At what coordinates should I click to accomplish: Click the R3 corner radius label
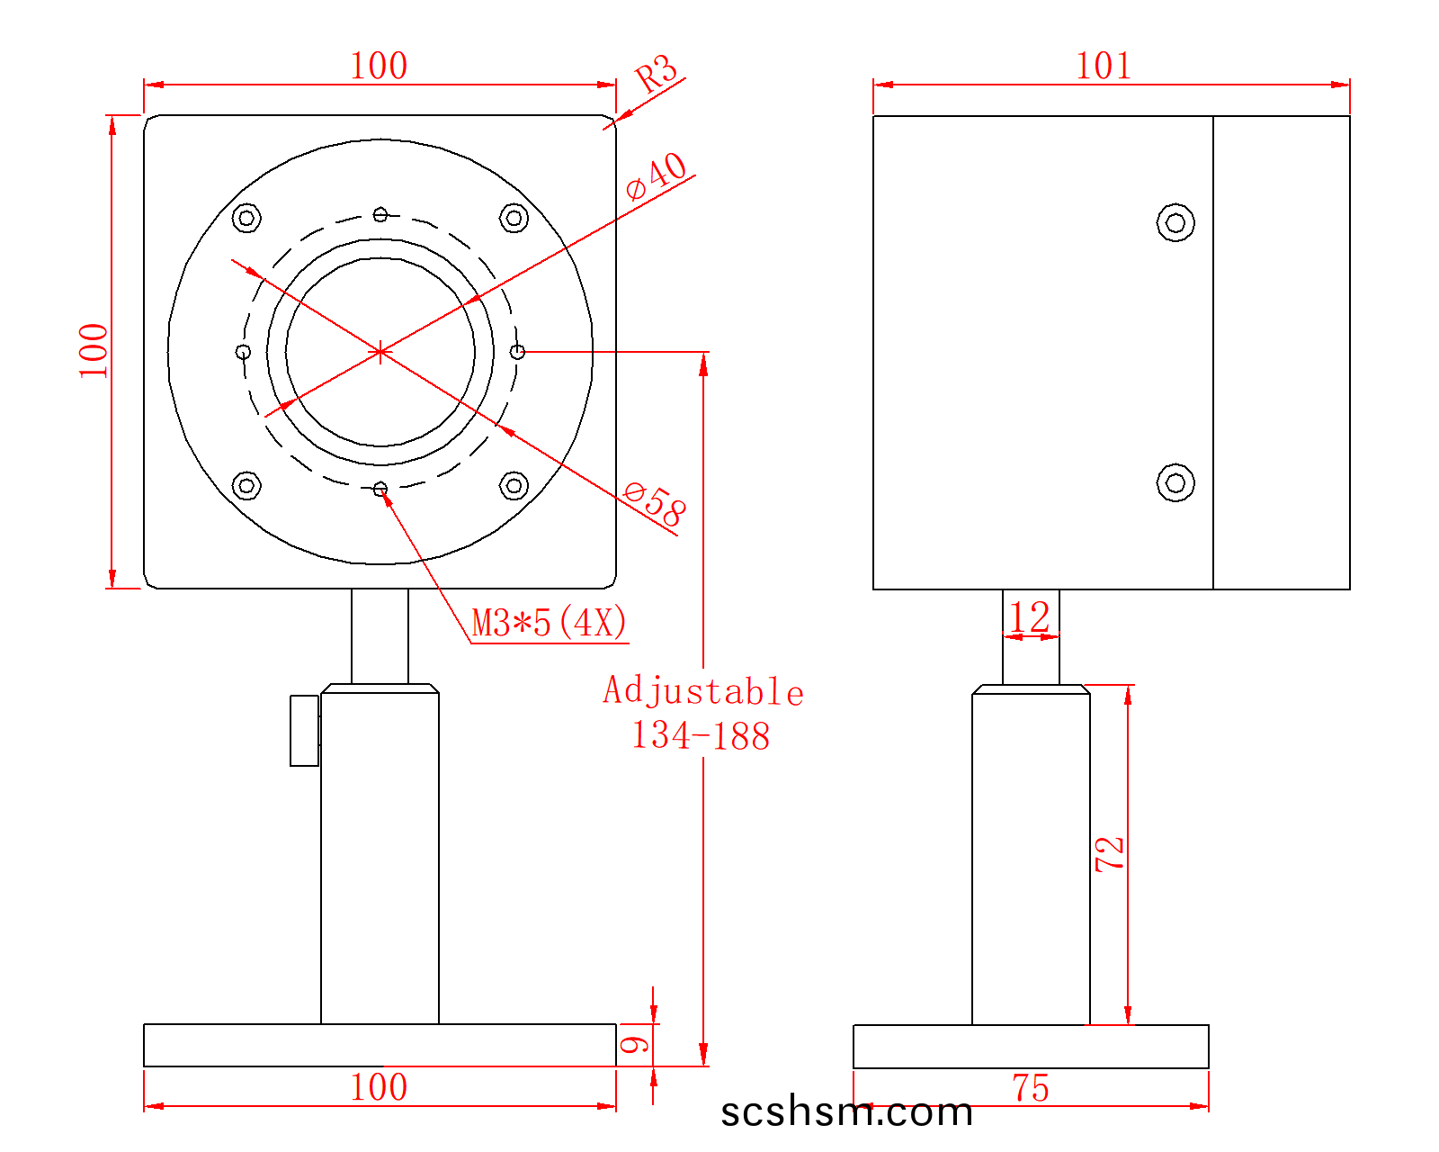pyautogui.click(x=656, y=73)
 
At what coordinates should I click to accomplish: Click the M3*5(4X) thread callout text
pyautogui.click(x=549, y=622)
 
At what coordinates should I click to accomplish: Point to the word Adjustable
pyautogui.click(x=702, y=691)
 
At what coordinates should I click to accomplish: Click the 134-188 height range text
pyautogui.click(x=701, y=735)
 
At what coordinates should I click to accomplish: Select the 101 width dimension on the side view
pyautogui.click(x=1104, y=66)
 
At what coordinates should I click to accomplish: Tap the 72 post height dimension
pyautogui.click(x=1109, y=853)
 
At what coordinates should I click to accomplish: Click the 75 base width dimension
pyautogui.click(x=1031, y=1088)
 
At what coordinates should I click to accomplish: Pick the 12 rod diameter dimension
pyautogui.click(x=1030, y=616)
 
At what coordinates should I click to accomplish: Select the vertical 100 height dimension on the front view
pyautogui.click(x=93, y=351)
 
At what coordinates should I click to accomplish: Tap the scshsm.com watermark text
pyautogui.click(x=846, y=1111)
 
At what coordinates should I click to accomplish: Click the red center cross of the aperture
pyautogui.click(x=380, y=351)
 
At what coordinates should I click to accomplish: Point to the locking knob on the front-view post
pyautogui.click(x=304, y=730)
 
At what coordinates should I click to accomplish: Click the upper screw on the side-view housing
pyautogui.click(x=1175, y=222)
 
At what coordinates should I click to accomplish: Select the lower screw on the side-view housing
pyautogui.click(x=1175, y=482)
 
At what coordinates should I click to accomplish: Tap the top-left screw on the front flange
pyautogui.click(x=246, y=218)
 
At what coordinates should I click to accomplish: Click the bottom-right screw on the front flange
pyautogui.click(x=514, y=485)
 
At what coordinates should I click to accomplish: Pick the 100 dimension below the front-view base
pyautogui.click(x=380, y=1086)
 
